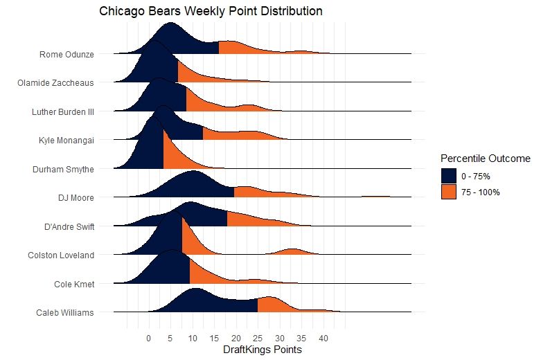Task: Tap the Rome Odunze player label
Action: [x=66, y=53]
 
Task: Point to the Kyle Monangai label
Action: [x=66, y=140]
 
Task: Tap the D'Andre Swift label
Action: [x=69, y=226]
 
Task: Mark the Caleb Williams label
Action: [x=64, y=313]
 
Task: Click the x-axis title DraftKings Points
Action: [x=263, y=350]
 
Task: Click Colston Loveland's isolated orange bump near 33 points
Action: [x=292, y=251]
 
